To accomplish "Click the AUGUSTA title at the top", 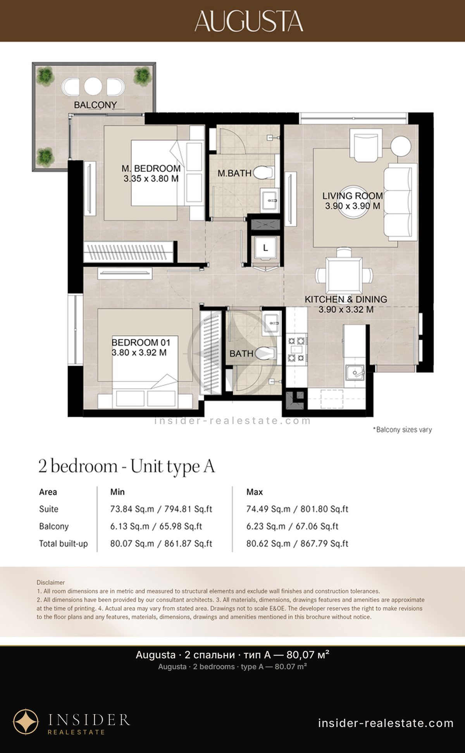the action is [249, 21].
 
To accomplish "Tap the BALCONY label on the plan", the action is [95, 105].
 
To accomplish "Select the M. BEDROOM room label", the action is [151, 168].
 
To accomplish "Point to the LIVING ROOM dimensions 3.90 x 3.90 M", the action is [353, 206].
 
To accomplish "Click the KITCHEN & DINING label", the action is [346, 299].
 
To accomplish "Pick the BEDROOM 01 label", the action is [141, 342].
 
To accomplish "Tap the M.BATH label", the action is [234, 173].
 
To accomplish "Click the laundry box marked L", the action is [265, 248].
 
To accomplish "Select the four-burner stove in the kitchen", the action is [296, 349].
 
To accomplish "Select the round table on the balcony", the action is [93, 86].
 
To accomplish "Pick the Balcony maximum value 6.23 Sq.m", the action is [266, 526].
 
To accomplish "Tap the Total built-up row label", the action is [64, 544].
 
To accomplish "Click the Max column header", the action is [255, 492].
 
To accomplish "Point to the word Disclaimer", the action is [51, 582].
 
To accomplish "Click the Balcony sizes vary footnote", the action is [402, 429].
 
